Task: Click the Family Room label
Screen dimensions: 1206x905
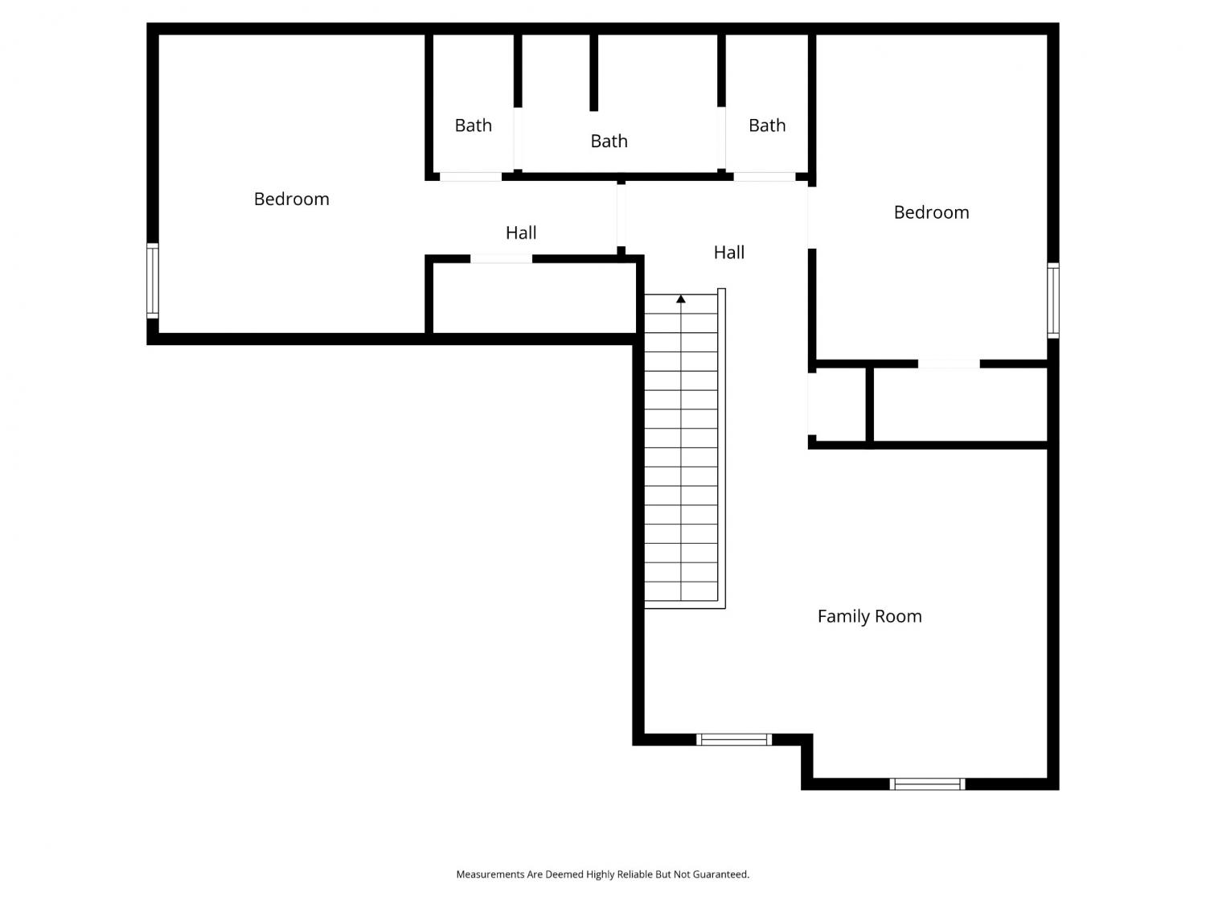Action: [x=869, y=616]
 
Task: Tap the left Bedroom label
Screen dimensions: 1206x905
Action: [x=291, y=199]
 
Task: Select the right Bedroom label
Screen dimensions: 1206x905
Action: [x=931, y=212]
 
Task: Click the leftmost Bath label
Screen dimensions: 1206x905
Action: [x=473, y=125]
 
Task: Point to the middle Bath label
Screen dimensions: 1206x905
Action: [x=609, y=142]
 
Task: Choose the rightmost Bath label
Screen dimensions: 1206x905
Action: [x=767, y=125]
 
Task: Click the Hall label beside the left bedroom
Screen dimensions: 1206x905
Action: [x=521, y=233]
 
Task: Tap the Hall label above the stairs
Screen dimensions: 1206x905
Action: [x=729, y=253]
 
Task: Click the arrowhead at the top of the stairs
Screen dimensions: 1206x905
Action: [x=681, y=299]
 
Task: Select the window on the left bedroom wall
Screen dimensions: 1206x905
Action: [x=153, y=281]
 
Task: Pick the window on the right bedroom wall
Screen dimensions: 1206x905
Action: [x=1052, y=301]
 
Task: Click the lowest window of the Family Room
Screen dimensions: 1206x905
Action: [x=927, y=784]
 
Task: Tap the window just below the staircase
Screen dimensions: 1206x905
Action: [x=733, y=739]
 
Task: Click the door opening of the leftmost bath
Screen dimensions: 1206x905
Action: [x=470, y=177]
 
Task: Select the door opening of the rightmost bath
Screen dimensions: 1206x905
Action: [x=765, y=177]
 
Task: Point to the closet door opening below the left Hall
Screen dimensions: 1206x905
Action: [x=501, y=259]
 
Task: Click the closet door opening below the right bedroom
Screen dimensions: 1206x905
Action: [x=949, y=364]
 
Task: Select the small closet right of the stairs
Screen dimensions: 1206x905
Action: [x=837, y=405]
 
